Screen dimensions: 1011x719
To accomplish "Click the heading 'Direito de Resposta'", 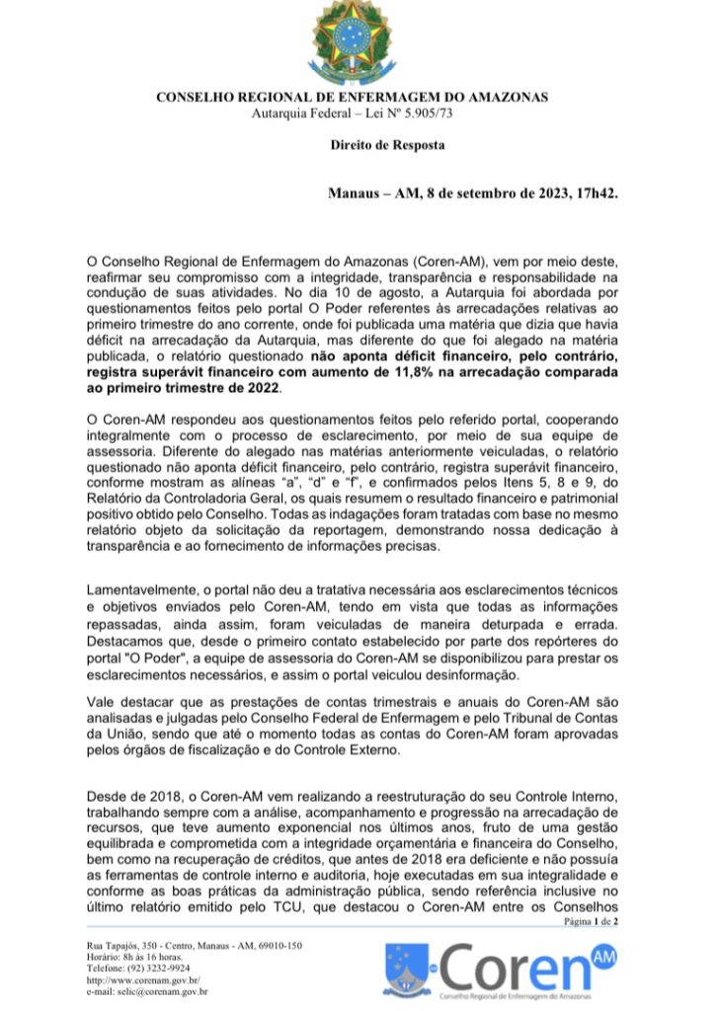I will click(387, 146).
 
